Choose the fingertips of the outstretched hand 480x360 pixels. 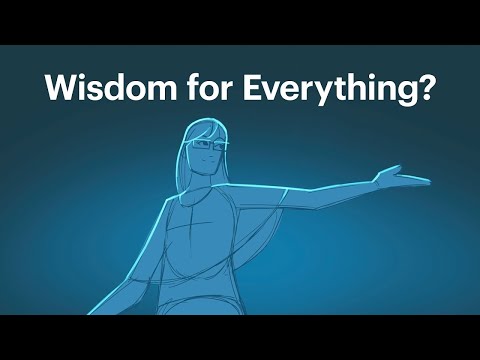tap(427, 182)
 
